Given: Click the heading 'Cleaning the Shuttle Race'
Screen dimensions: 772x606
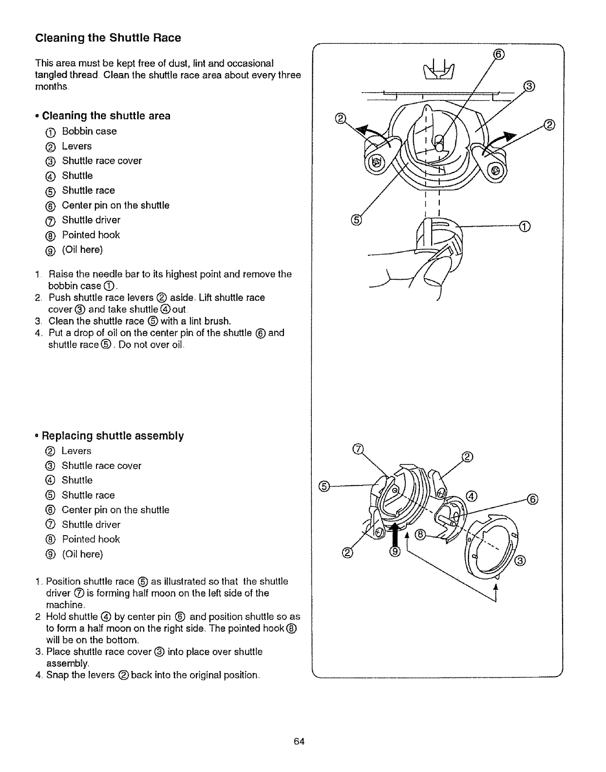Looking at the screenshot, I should (108, 38).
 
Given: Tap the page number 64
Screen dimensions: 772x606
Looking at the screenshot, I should (299, 741).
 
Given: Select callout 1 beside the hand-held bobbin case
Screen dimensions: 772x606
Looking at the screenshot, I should (524, 226).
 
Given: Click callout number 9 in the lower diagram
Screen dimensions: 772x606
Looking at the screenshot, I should (395, 552).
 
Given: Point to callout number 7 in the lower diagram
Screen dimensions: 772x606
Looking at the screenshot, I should (358, 449).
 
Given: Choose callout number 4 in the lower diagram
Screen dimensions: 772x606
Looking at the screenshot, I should (471, 496).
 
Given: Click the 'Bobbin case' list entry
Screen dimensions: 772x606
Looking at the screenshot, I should (89, 131).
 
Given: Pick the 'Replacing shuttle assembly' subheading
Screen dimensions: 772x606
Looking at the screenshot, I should (113, 436).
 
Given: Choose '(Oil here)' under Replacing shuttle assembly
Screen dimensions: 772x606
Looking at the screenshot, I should (82, 554).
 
